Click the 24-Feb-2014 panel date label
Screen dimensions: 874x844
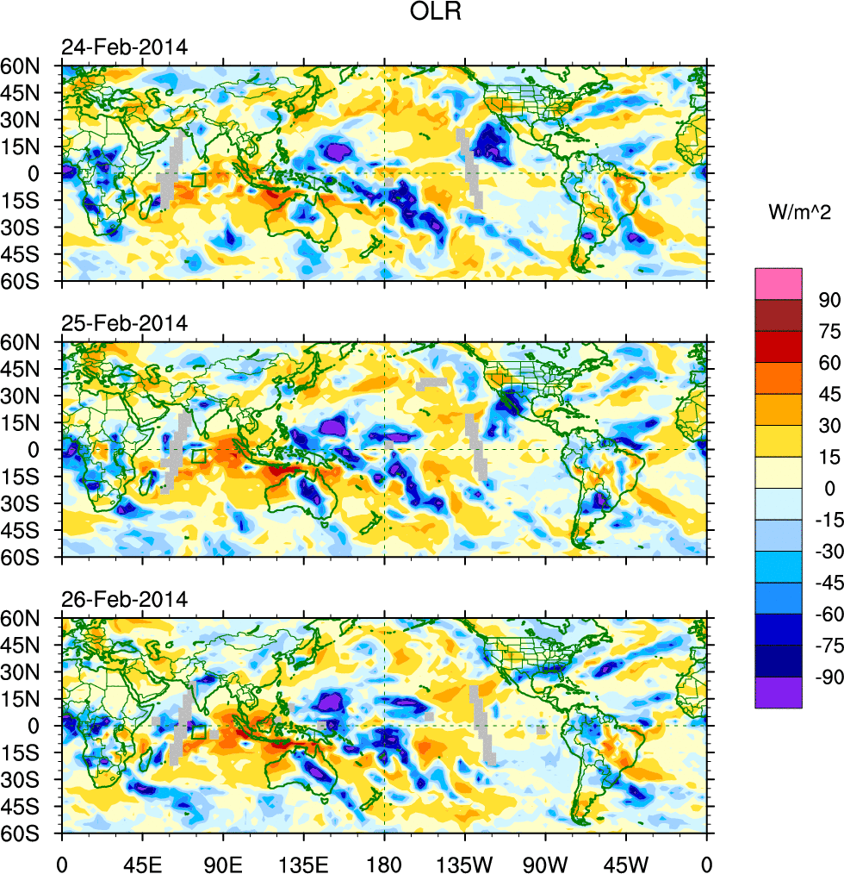click(123, 47)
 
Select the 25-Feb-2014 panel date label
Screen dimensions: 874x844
click(123, 324)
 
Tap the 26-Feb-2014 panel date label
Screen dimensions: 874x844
click(123, 600)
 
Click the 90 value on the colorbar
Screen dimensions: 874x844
click(829, 299)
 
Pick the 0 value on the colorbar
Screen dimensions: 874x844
click(829, 489)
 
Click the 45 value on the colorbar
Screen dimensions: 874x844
click(829, 394)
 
